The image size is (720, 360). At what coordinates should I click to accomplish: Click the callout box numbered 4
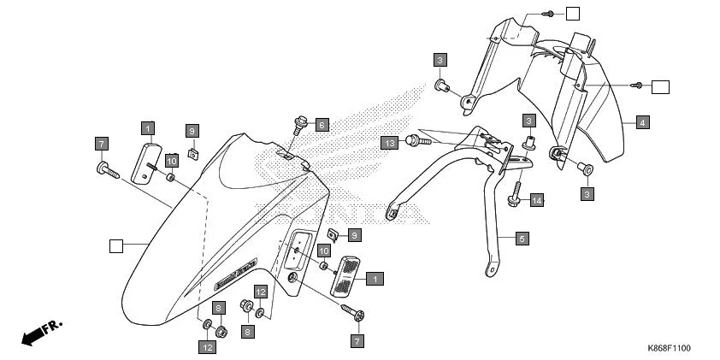click(642, 121)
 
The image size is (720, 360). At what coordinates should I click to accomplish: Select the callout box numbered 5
click(522, 239)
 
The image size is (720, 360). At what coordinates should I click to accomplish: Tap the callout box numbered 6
click(322, 124)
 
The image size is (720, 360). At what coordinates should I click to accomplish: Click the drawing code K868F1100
click(669, 349)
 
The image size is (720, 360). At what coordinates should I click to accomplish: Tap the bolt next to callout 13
click(413, 139)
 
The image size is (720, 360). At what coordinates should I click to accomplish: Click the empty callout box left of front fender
click(116, 246)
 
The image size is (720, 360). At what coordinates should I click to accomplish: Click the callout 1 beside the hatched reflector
click(375, 278)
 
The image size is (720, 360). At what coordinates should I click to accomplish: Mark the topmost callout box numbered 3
click(440, 59)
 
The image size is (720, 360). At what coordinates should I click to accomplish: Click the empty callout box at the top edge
click(572, 13)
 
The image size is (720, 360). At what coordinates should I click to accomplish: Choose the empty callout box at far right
click(660, 86)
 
